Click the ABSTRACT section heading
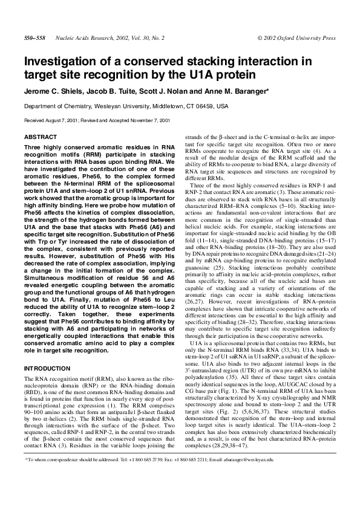40,137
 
